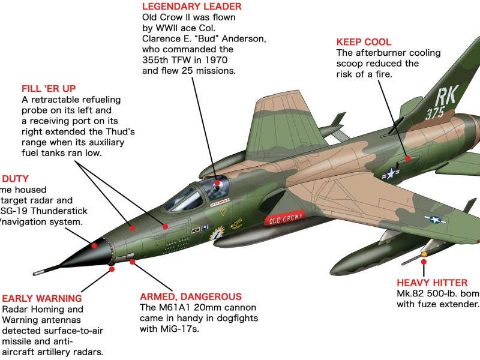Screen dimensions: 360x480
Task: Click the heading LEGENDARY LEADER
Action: click(x=184, y=7)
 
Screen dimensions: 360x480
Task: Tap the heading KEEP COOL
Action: click(x=364, y=42)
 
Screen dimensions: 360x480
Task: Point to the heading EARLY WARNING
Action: click(x=42, y=298)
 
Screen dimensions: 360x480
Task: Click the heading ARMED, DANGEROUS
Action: click(x=191, y=296)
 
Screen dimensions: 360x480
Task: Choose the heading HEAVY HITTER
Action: click(x=432, y=283)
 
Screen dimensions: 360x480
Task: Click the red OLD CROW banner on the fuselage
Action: click(x=284, y=220)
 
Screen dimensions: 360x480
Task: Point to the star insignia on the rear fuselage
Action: click(x=391, y=173)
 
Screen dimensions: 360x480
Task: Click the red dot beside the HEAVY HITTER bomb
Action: click(x=424, y=254)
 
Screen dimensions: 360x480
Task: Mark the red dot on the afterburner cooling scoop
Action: click(x=408, y=159)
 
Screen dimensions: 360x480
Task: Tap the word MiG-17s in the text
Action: click(x=188, y=329)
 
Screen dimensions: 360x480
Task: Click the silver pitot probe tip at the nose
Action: click(x=37, y=273)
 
